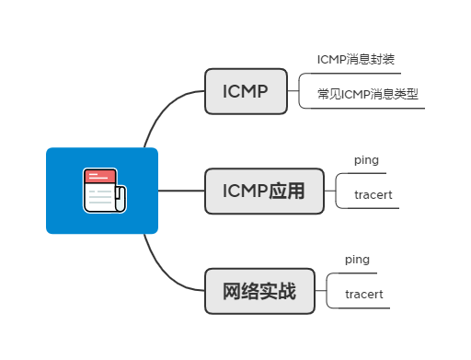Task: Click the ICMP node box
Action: (246, 91)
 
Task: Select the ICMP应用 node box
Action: (264, 191)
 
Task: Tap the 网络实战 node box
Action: (259, 292)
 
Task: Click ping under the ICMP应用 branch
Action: (366, 159)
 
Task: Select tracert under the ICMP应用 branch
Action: (373, 194)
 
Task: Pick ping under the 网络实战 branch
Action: (357, 260)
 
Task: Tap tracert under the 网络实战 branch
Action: (363, 295)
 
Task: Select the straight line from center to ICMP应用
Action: (181, 191)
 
